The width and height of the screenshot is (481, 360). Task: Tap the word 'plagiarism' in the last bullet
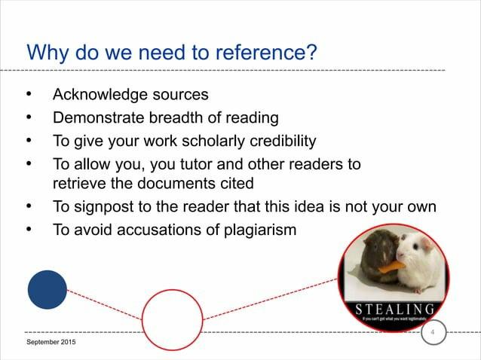tap(256, 230)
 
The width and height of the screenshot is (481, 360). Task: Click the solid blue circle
tap(47, 289)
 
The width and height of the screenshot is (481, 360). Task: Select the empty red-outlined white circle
tap(173, 319)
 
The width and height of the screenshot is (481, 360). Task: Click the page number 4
tap(433, 332)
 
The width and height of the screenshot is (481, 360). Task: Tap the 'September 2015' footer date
tap(51, 343)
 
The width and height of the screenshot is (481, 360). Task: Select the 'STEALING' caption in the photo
tap(395, 309)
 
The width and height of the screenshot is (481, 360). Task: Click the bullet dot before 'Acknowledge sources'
tap(29, 96)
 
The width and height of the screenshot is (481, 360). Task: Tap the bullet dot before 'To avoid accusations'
tap(29, 230)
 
